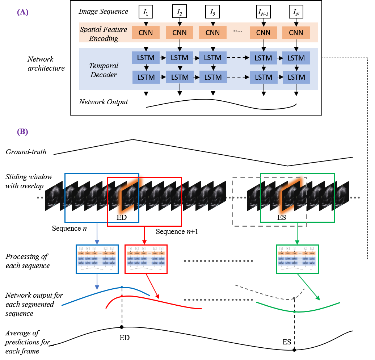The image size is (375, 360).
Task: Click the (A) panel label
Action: [22, 12]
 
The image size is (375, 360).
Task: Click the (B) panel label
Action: [22, 131]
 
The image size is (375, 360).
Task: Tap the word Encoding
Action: [104, 38]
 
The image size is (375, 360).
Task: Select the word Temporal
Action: [104, 66]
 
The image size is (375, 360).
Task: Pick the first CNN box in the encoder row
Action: [146, 33]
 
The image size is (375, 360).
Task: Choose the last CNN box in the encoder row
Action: [296, 33]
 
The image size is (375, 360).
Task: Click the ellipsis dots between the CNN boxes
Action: [238, 31]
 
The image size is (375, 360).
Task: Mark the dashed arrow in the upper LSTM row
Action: [238, 58]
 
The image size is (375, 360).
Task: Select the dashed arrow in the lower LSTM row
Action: [238, 77]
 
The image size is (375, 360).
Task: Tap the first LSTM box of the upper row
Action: [146, 58]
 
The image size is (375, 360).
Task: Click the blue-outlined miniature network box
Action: [97, 259]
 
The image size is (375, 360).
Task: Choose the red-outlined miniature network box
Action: [146, 259]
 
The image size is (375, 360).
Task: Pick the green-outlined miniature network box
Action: [297, 259]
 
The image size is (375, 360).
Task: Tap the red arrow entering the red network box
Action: [144, 235]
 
